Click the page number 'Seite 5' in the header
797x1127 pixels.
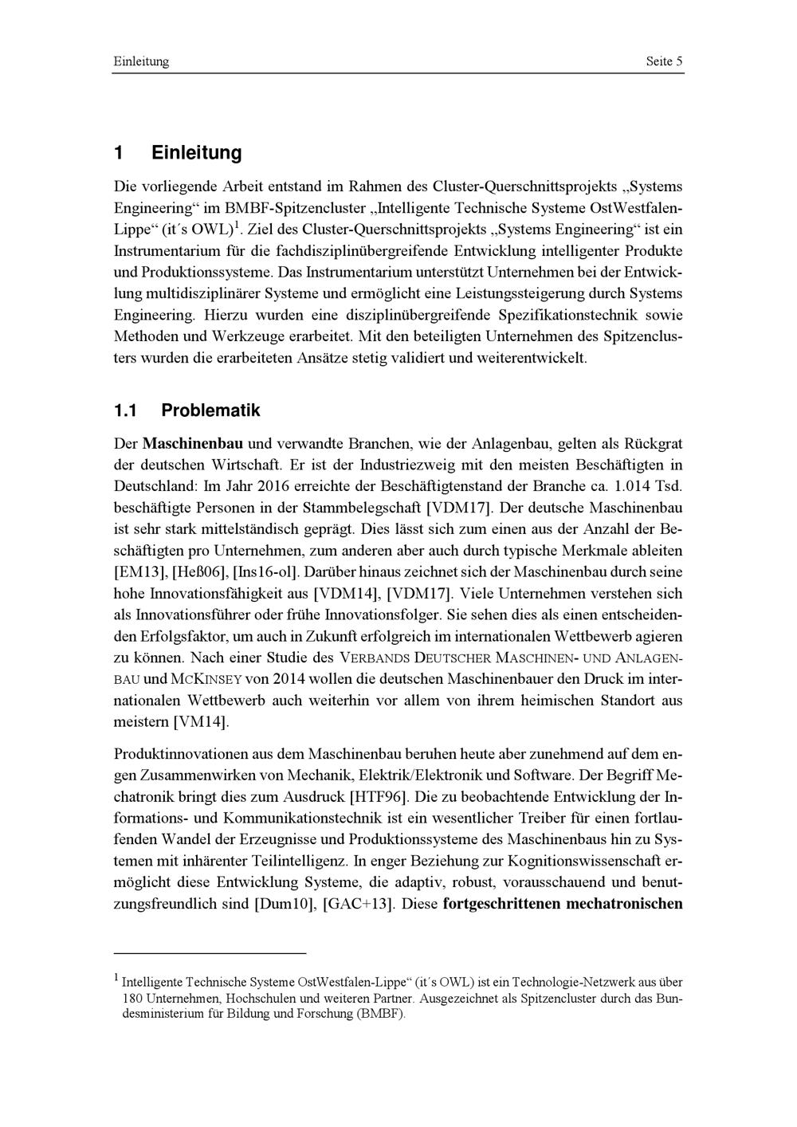(664, 61)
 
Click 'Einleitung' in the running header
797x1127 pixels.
(141, 61)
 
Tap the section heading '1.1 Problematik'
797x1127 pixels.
(186, 410)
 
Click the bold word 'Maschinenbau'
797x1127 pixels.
(193, 443)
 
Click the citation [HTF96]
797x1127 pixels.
(379, 796)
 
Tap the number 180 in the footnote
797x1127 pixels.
(132, 999)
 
